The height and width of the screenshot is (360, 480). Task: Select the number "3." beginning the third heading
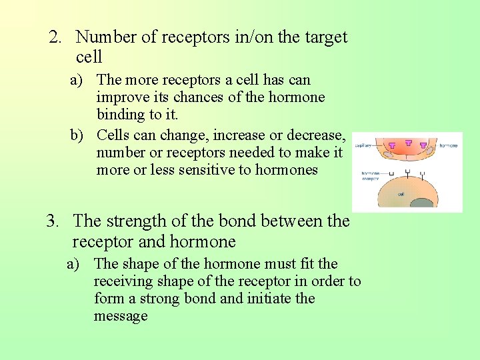54,220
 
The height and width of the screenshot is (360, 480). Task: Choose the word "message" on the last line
121,315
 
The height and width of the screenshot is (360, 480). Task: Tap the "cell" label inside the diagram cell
400,195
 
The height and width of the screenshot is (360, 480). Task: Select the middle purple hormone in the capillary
407,143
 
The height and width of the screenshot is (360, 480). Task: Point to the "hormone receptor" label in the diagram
371,176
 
